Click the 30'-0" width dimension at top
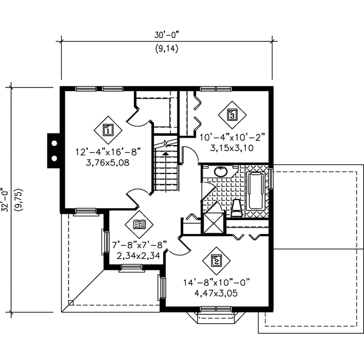166,35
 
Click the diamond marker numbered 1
107,129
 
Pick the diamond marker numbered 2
217,261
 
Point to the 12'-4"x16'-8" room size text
102,151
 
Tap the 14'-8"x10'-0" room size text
216,281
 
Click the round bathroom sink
220,172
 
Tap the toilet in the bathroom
237,207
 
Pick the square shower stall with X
214,221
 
